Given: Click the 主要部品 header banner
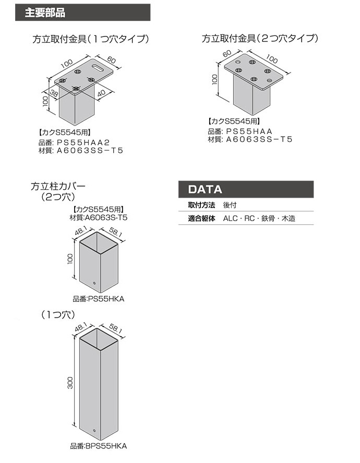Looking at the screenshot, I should (x=83, y=13).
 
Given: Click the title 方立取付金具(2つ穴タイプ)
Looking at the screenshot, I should (x=260, y=39).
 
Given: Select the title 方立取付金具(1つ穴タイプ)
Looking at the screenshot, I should (x=91, y=39).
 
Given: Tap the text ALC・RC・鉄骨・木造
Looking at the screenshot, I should (x=259, y=218).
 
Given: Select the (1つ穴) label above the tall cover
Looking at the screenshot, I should (x=58, y=315).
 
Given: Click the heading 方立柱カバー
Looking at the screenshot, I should (x=58, y=185).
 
